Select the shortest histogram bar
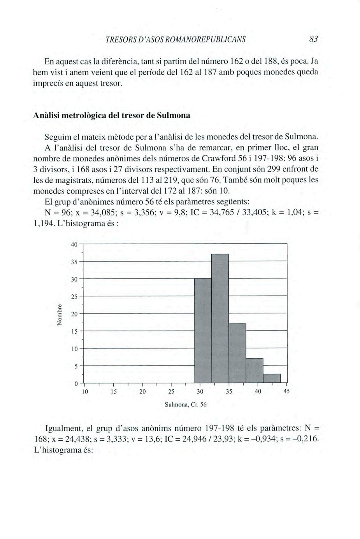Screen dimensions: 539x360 coord(272,378)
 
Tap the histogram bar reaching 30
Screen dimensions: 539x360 coord(203,331)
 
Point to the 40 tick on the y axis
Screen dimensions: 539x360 coord(74,244)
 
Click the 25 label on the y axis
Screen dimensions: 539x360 coord(74,296)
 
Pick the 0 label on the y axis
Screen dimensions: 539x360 coord(76,384)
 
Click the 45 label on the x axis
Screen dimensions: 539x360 coord(286,392)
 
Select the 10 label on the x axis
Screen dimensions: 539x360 coord(84,392)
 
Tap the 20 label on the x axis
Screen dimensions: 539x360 coord(142,392)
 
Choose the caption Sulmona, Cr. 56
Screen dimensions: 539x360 coord(186,404)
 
